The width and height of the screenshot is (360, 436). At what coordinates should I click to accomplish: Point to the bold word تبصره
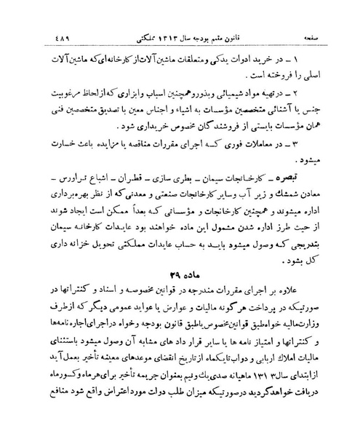315,198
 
